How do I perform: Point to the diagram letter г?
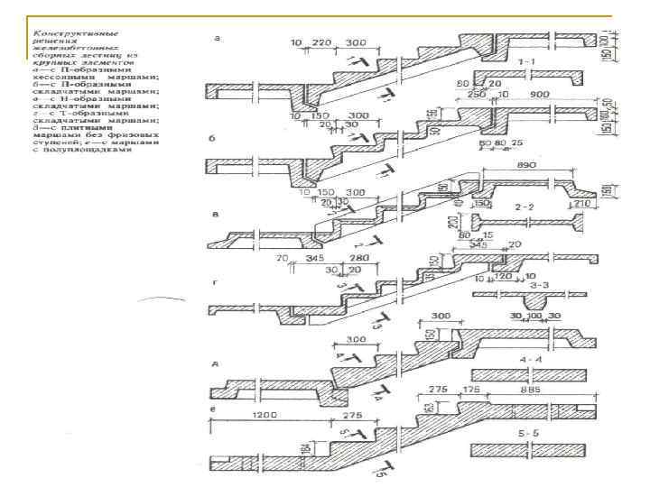(x=214, y=282)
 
